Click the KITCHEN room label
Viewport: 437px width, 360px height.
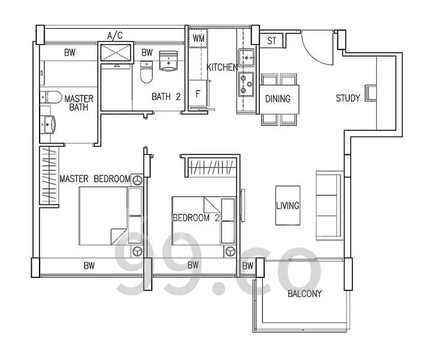[x=222, y=67]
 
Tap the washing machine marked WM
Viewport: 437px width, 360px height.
[x=198, y=38]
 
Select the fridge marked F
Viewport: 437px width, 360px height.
[x=198, y=94]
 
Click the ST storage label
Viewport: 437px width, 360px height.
[x=271, y=41]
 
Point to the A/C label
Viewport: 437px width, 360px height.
[x=115, y=35]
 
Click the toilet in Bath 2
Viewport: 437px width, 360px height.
[x=146, y=72]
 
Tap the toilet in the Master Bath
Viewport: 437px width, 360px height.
[x=50, y=97]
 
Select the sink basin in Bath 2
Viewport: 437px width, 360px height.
[x=168, y=61]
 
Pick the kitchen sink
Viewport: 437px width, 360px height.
[x=247, y=58]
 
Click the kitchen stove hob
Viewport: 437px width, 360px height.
[x=246, y=84]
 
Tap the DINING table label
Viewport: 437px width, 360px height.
[x=277, y=98]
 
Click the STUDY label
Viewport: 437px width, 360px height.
[x=348, y=98]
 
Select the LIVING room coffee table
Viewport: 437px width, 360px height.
[x=288, y=205]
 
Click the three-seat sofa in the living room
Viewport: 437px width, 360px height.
[x=329, y=206]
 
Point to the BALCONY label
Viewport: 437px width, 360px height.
[x=304, y=293]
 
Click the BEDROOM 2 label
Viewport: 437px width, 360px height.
[x=196, y=218]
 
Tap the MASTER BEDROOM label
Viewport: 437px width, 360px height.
[x=95, y=179]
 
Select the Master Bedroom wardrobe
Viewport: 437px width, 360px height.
[x=49, y=176]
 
